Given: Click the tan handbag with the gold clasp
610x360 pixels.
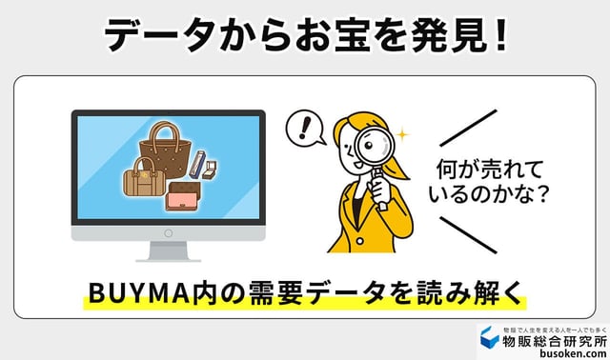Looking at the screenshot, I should coord(143,178).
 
